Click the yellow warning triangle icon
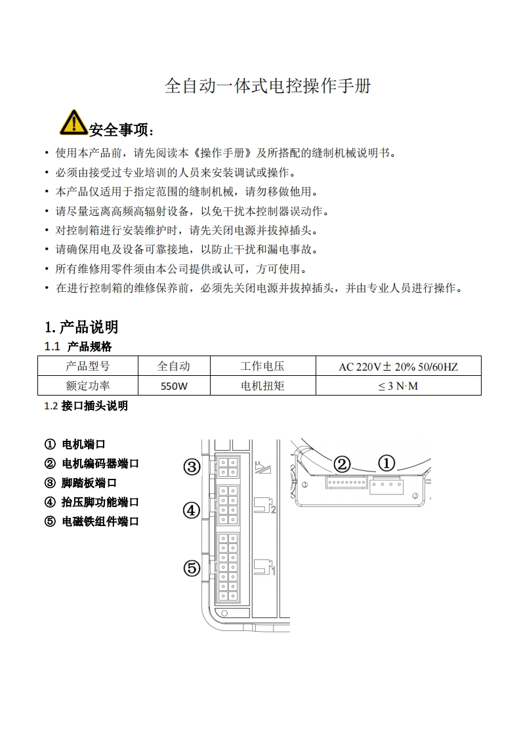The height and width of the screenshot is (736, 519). [x=73, y=122]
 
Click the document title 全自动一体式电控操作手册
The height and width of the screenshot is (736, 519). [x=267, y=86]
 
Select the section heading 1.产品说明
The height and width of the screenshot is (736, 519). [x=81, y=327]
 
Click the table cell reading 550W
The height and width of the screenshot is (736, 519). [x=175, y=386]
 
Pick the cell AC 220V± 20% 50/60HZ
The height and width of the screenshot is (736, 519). [x=398, y=366]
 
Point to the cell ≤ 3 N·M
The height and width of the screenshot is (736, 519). [x=398, y=386]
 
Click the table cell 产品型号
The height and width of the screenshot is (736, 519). [x=88, y=366]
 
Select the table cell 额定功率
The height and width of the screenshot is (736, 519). [x=88, y=386]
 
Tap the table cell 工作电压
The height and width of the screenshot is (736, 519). [x=262, y=366]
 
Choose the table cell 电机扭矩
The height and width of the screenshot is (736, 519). [x=262, y=386]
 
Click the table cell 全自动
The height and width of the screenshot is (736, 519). [x=174, y=366]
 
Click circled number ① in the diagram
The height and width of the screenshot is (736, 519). [x=386, y=464]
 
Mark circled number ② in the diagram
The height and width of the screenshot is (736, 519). [x=342, y=464]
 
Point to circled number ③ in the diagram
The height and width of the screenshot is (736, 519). [x=191, y=467]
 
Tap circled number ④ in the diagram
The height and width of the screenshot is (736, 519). [x=191, y=510]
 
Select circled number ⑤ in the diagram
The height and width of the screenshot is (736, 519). [x=191, y=568]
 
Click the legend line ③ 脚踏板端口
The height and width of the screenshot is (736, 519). [x=81, y=483]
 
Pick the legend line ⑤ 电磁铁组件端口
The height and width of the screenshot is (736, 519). [x=92, y=521]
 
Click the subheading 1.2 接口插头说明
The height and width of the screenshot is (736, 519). [x=86, y=406]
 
